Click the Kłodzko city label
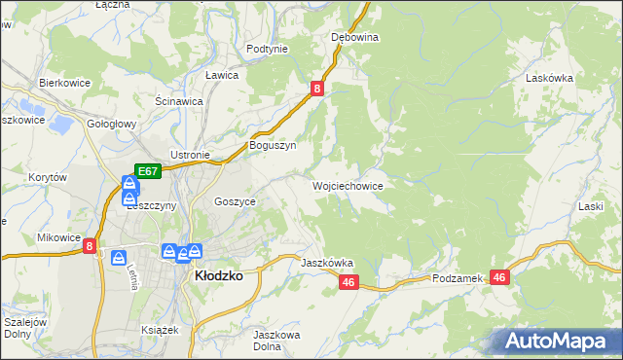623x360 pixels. point(219,275)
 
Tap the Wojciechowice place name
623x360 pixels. point(348,185)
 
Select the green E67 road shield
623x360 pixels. point(147,171)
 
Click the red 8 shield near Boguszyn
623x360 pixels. point(317,89)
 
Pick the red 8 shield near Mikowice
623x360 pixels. point(90,247)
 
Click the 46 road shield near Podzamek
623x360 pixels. point(500,277)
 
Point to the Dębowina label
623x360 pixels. point(354,37)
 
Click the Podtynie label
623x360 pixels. point(267,49)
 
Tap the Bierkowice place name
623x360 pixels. point(64,83)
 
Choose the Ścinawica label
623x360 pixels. point(179,100)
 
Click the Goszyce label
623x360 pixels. point(235,201)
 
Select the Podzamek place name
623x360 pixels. point(458,278)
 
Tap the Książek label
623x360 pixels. point(161,330)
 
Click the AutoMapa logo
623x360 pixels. point(559,341)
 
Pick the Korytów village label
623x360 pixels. point(47,178)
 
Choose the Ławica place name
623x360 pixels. point(222,74)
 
